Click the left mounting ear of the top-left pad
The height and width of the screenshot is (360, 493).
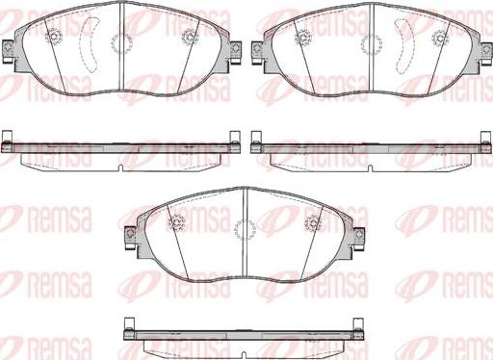coord(8,51)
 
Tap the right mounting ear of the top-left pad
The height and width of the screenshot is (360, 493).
coord(235,51)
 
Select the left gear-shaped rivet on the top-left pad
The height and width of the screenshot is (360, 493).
coord(53,37)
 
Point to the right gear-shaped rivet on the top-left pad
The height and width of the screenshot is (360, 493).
coord(190,38)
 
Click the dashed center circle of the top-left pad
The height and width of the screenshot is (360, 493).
coord(121,43)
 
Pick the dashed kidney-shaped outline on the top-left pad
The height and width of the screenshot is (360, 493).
coord(91,44)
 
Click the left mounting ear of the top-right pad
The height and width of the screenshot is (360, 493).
coord(257,51)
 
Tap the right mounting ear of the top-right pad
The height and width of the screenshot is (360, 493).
coord(485,51)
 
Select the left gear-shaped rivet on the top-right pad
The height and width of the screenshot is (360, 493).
coord(303,38)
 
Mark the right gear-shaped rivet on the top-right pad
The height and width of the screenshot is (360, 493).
coord(440,38)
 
